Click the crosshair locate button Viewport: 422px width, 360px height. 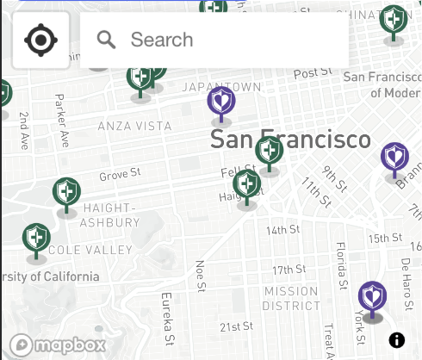(40, 40)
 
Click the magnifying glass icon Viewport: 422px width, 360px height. (107, 40)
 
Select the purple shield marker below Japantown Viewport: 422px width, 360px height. (221, 103)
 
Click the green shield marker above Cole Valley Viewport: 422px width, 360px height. (36, 239)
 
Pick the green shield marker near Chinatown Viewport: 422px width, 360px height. (394, 22)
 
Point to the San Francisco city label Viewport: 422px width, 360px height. (290, 140)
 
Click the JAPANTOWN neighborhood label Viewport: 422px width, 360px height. (221, 87)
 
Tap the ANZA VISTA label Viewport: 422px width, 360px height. (134, 126)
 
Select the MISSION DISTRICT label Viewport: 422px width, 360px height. (291, 298)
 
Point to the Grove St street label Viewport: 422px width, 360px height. (119, 176)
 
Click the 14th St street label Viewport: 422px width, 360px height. (282, 230)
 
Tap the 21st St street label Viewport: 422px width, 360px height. (235, 326)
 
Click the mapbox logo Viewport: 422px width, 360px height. (59, 344)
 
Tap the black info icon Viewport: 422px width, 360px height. (397, 340)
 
